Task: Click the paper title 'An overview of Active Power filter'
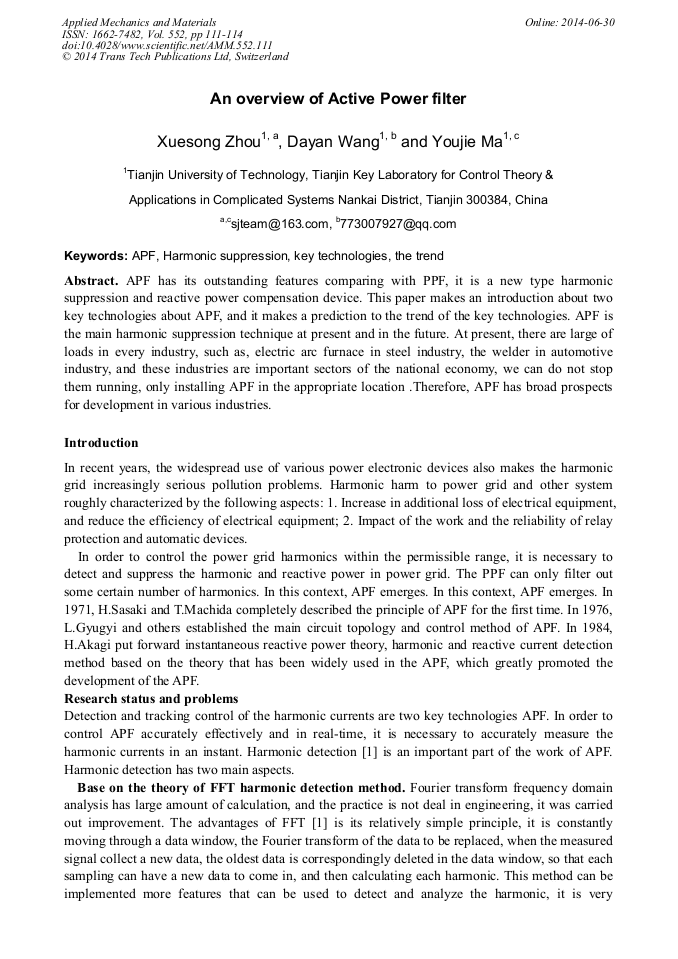[338, 99]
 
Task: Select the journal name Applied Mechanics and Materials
[139, 22]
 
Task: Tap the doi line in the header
[167, 45]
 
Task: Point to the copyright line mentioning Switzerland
[175, 57]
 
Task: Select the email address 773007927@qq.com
[399, 224]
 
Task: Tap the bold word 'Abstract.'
[92, 281]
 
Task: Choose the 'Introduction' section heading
[101, 442]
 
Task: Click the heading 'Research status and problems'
[151, 698]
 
